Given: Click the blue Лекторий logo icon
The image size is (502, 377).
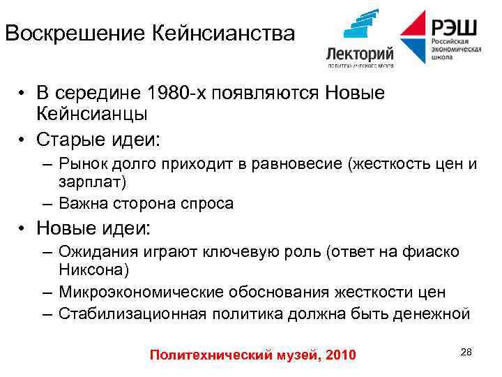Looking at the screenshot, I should (x=360, y=29).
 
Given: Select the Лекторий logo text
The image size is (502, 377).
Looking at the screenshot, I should (x=360, y=54).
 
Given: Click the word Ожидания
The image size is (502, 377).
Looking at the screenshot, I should (x=95, y=251).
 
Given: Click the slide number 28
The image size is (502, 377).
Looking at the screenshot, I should (x=466, y=352).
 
